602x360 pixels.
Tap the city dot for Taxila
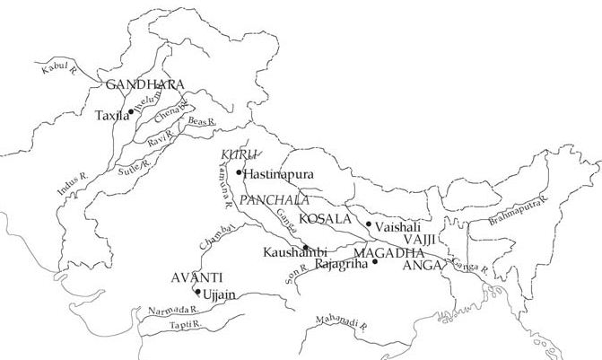[x=131, y=111]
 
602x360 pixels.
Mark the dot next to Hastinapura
[x=239, y=172]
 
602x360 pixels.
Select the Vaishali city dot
[x=369, y=224]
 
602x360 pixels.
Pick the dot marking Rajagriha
[x=375, y=262]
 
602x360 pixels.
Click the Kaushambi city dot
[x=306, y=248]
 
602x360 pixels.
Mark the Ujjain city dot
[x=197, y=292]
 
